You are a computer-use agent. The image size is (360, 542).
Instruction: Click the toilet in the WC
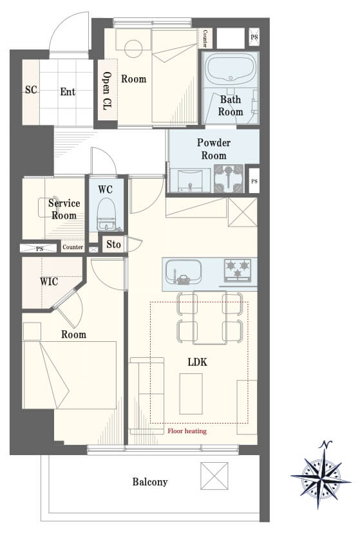pos(106,214)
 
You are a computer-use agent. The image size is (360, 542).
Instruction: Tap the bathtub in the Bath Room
pos(231,70)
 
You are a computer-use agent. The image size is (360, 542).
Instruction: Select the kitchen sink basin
pos(184,272)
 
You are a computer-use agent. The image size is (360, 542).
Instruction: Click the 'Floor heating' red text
pos(187,431)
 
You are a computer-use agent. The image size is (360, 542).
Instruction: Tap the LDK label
pos(198,362)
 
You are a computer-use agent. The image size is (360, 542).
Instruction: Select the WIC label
pos(49,282)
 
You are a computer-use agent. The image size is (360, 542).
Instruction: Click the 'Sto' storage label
pos(113,245)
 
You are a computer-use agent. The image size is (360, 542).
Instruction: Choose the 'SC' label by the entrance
pos(31,90)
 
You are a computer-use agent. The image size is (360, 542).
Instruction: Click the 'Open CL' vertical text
pos(107,91)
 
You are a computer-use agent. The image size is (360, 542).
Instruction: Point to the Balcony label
pos(150,482)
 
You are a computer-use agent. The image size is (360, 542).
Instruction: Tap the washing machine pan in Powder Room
pos(229,178)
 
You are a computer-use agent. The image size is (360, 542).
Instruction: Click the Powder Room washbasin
pos(189,180)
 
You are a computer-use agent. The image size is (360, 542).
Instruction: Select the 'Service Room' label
pos(64,209)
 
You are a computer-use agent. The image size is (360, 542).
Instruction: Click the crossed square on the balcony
pos(214,476)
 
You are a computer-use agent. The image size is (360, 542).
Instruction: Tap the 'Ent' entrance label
pos(68,92)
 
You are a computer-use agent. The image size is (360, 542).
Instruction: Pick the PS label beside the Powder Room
pos(254,181)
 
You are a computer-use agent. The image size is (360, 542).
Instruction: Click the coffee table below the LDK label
pos(191,393)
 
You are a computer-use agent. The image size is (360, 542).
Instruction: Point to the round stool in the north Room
pos(133,49)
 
